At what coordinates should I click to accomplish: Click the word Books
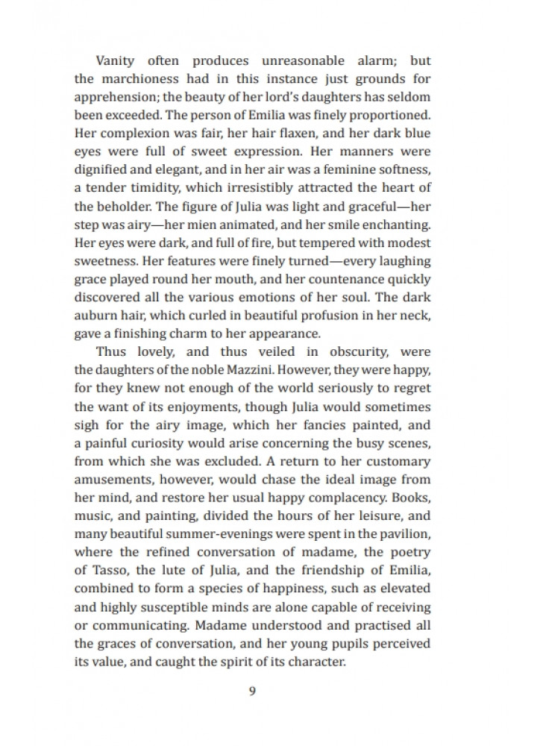point(412,492)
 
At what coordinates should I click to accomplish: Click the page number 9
point(252,690)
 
